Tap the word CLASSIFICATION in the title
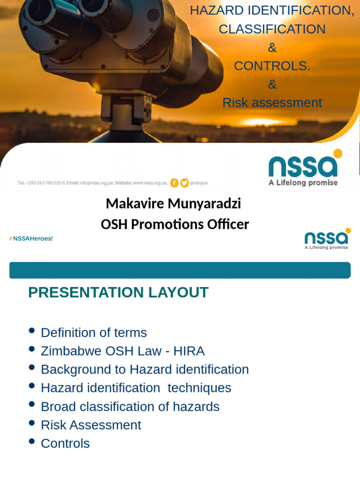pyautogui.click(x=272, y=29)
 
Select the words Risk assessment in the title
pyautogui.click(x=272, y=103)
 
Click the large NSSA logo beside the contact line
pyautogui.click(x=304, y=168)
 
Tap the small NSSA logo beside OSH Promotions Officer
pyautogui.click(x=327, y=239)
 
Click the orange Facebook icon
pyautogui.click(x=174, y=183)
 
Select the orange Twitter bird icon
pyautogui.click(x=185, y=183)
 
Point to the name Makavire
pyautogui.click(x=135, y=203)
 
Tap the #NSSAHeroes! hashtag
pyautogui.click(x=31, y=239)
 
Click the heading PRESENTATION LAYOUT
pyautogui.click(x=118, y=292)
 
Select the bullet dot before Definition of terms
pyautogui.click(x=32, y=330)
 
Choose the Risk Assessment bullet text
pyautogui.click(x=91, y=425)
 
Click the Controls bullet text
pyautogui.click(x=65, y=443)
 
